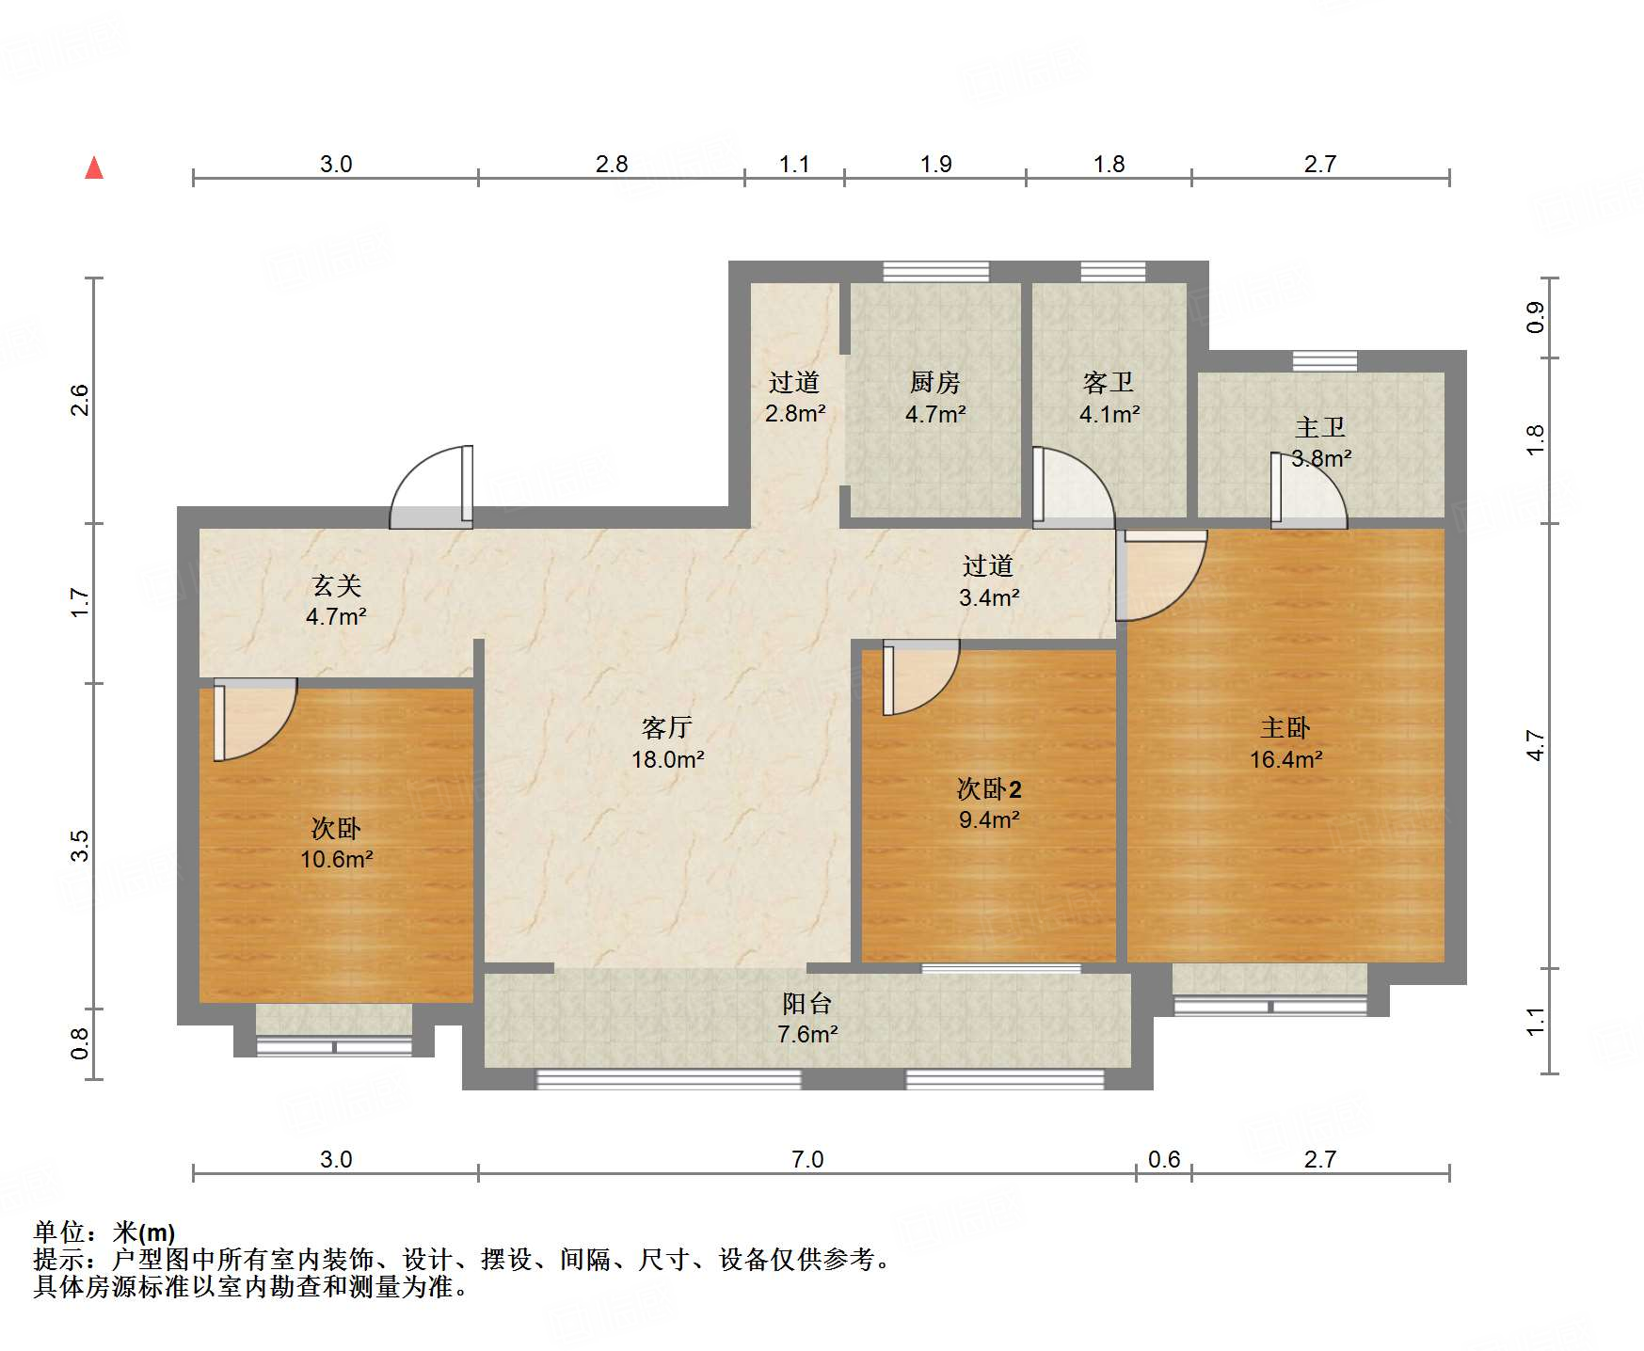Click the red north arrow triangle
94,168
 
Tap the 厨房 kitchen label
934,383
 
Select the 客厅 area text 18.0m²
667,759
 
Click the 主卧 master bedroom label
1285,727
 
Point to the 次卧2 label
989,788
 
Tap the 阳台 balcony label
806,1003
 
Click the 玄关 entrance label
336,586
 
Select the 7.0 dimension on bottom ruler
807,1159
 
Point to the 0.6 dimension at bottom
1163,1159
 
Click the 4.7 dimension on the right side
1535,746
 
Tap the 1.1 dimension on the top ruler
793,165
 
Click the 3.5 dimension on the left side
80,845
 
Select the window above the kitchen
935,272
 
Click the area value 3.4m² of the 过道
989,597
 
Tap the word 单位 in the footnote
58,1232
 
